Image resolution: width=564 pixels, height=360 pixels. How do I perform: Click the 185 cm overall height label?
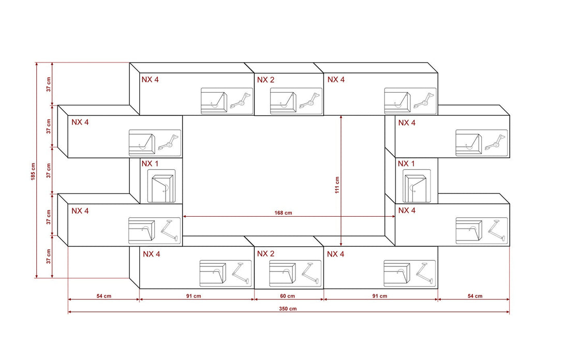click(x=33, y=172)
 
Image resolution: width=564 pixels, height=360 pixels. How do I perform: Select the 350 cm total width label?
click(x=288, y=309)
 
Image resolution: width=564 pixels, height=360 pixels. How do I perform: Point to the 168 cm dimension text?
click(x=283, y=213)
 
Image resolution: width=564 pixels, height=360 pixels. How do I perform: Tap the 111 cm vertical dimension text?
click(x=337, y=185)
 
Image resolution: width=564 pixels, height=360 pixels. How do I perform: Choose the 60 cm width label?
click(x=287, y=296)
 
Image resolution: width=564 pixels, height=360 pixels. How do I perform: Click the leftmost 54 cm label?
click(x=103, y=296)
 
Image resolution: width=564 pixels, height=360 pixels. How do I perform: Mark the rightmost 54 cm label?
click(x=475, y=296)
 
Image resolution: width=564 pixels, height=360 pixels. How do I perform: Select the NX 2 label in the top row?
click(x=265, y=80)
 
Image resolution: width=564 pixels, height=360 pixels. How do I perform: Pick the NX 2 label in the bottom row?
click(x=265, y=253)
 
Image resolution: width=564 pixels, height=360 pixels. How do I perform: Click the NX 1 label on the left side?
click(x=150, y=163)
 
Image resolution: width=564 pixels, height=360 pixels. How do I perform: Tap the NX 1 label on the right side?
click(x=406, y=163)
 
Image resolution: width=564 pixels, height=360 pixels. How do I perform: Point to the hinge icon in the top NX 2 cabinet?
click(x=309, y=101)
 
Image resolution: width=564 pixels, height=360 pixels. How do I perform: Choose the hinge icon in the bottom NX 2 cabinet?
click(x=310, y=273)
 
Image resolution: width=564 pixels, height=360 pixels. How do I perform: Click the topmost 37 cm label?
click(x=49, y=84)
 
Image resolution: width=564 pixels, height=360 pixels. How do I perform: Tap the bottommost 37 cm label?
click(x=49, y=257)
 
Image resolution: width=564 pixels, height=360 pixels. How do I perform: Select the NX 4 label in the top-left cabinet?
click(x=150, y=80)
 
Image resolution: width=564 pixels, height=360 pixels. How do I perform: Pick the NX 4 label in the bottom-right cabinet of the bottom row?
click(x=335, y=254)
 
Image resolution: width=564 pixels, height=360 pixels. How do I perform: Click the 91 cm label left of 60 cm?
click(x=194, y=296)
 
